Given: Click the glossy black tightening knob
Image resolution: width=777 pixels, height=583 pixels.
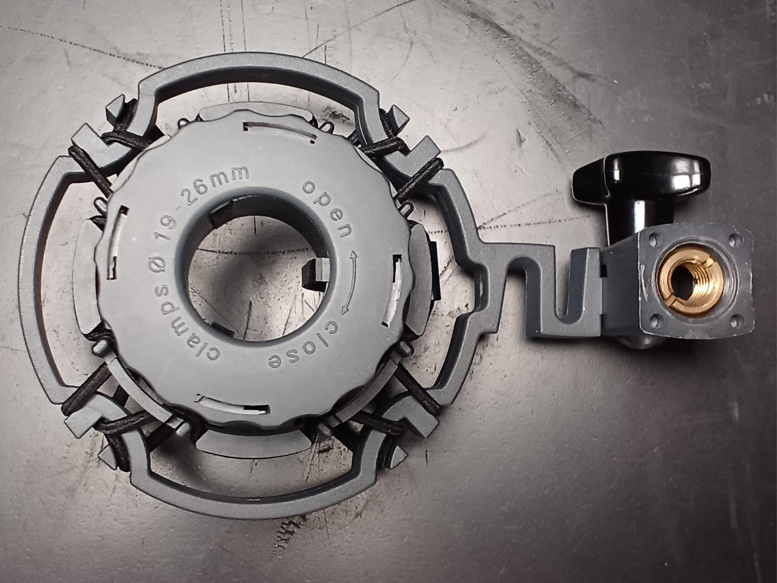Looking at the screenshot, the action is (640, 191).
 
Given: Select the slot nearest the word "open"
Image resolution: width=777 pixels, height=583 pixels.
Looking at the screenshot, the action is (393, 290).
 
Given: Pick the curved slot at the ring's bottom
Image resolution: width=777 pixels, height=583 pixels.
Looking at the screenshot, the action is (232, 405).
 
